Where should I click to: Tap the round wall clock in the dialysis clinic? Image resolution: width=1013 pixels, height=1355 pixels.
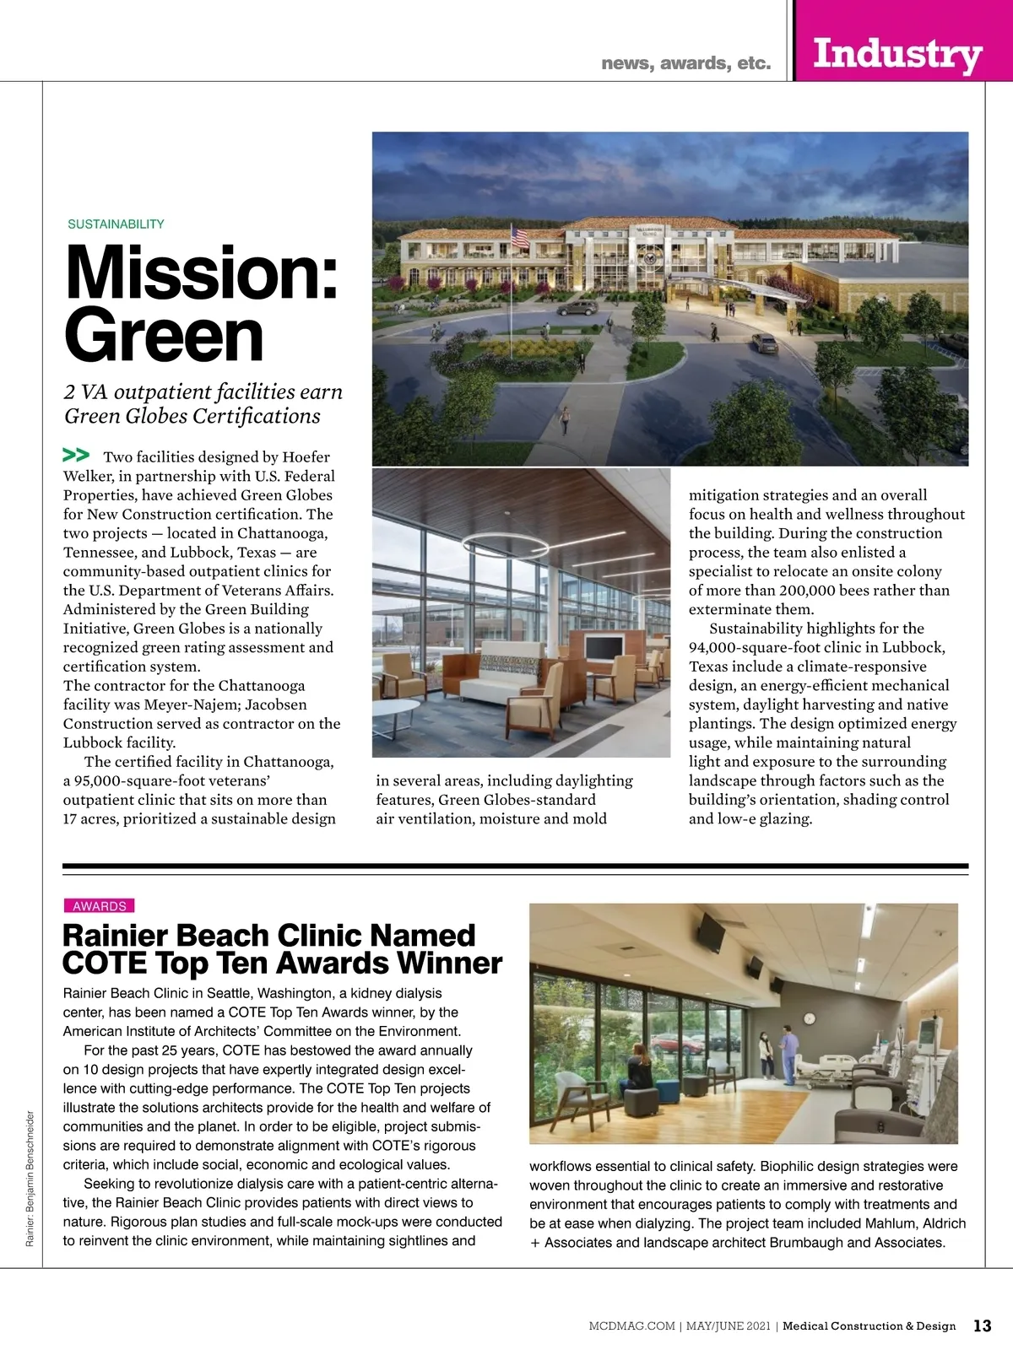[x=810, y=1018]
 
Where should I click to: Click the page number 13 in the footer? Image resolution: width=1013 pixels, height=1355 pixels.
[x=982, y=1325]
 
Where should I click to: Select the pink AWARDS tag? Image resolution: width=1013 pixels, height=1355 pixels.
[x=99, y=906]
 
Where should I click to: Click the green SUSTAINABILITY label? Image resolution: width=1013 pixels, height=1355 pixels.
[x=116, y=224]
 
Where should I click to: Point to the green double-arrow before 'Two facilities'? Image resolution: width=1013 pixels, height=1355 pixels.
[x=76, y=456]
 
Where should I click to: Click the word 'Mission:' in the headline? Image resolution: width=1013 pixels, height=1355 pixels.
[x=202, y=272]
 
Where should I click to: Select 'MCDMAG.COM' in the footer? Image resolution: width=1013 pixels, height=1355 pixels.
[x=631, y=1326]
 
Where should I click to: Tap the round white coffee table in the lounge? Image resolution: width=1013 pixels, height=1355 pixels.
[x=395, y=710]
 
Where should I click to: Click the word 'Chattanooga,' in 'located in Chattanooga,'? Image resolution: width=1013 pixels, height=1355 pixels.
[x=282, y=533]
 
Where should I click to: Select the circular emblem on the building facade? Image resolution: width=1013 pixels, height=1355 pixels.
[x=651, y=252]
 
